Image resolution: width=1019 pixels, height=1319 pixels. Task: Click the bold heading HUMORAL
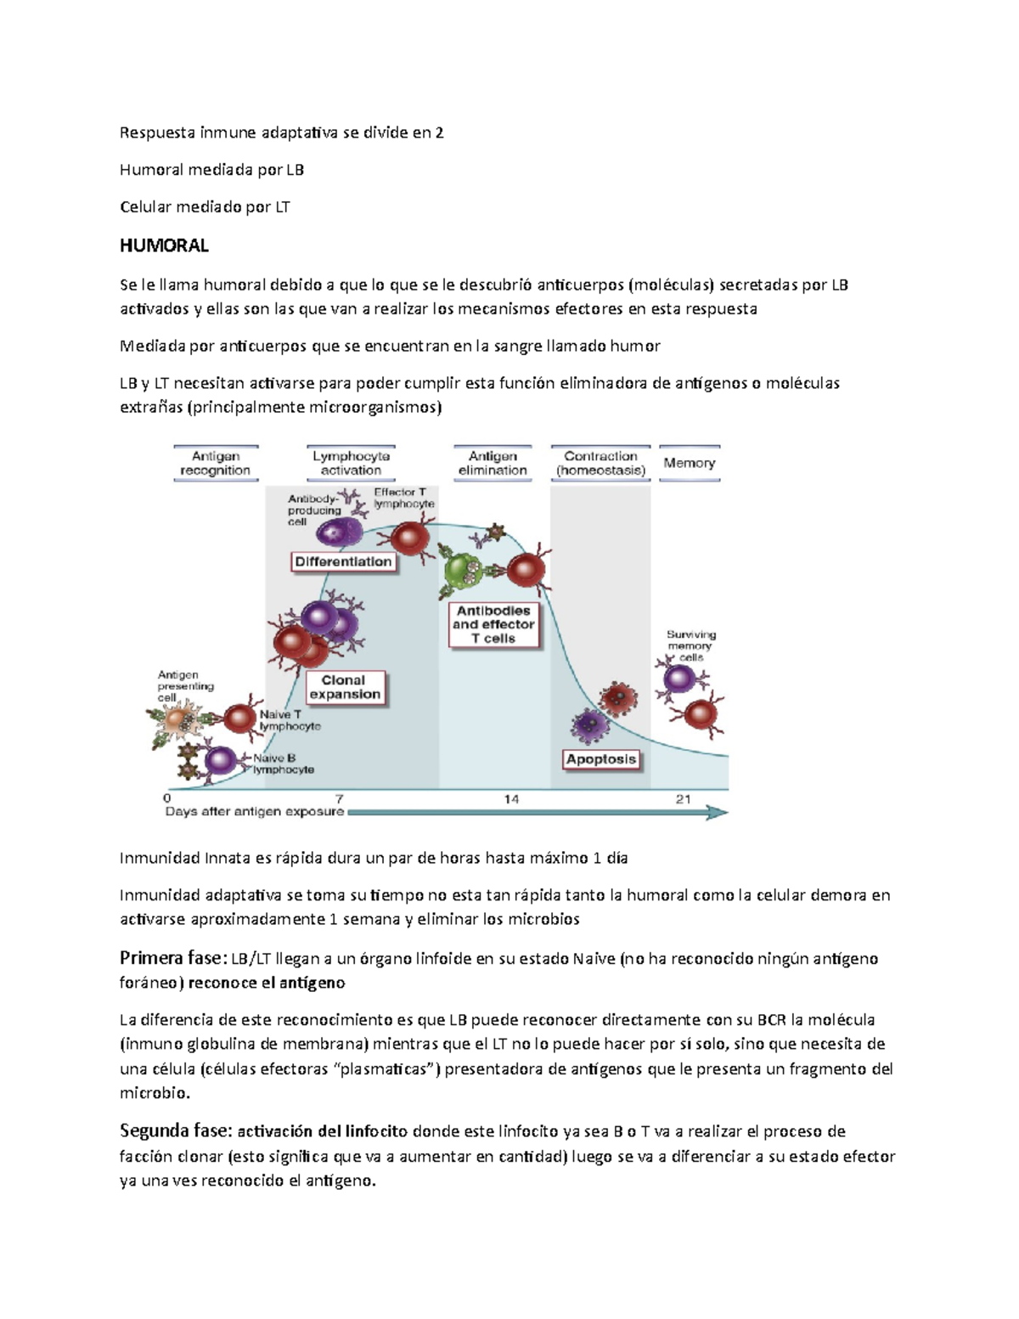(164, 246)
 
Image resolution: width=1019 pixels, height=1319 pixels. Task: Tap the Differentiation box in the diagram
(343, 561)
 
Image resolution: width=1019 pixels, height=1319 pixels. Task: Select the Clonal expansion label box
(344, 687)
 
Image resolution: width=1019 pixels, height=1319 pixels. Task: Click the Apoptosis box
(601, 759)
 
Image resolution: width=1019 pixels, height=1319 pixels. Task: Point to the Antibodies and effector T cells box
(493, 624)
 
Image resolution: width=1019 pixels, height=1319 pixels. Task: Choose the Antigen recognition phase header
(215, 464)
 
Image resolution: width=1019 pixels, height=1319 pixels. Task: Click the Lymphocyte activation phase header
(351, 464)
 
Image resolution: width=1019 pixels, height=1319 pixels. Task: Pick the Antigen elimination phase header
(493, 464)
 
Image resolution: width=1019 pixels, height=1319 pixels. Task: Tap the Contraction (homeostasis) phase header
(600, 464)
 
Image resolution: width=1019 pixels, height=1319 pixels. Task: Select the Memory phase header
(689, 464)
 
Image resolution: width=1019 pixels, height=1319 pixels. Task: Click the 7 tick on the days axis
(340, 798)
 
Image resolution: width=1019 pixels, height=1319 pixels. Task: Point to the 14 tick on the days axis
(511, 798)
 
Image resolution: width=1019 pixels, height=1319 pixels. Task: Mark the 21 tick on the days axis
(683, 798)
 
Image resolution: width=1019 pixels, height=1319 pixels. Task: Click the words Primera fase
(170, 958)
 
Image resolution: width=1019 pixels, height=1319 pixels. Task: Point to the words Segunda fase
(175, 1131)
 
